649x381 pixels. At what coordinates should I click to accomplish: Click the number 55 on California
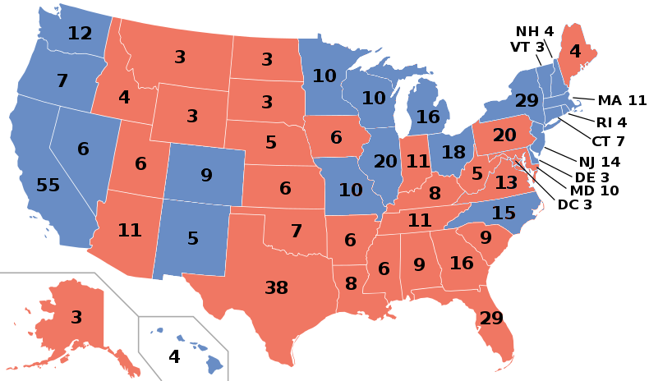48,185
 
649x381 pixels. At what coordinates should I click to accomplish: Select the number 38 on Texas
276,287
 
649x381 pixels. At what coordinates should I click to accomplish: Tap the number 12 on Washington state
80,34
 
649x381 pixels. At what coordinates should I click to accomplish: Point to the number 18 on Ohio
453,153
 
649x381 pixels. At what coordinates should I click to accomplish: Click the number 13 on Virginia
505,181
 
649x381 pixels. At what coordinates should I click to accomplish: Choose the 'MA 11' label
622,101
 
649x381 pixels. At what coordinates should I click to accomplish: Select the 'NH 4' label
535,32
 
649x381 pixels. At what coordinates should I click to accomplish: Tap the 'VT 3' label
527,47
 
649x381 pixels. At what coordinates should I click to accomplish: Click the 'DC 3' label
574,204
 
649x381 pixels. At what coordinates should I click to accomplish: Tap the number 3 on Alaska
76,317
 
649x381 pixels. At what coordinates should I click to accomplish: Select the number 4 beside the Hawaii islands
174,357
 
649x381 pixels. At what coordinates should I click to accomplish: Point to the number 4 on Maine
575,50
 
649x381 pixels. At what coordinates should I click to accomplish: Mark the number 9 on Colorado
206,175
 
